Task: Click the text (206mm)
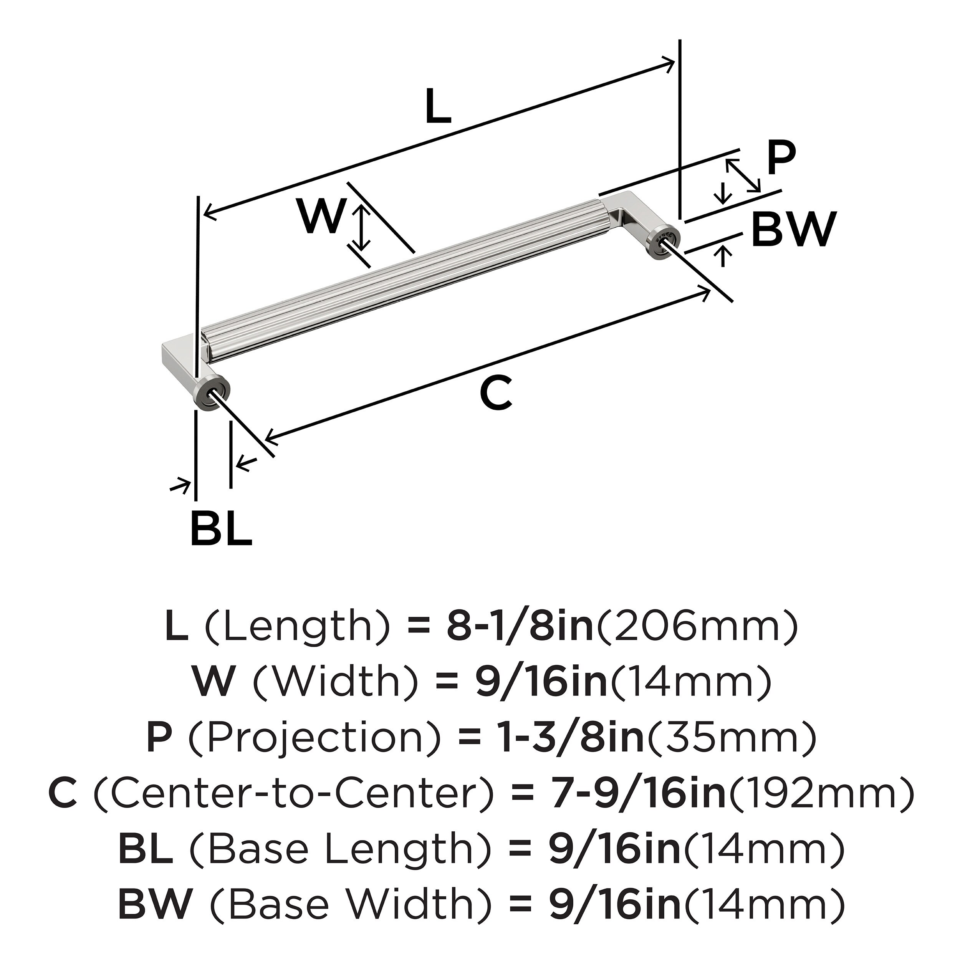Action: point(696,627)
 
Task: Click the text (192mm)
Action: point(820,793)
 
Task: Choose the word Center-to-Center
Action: point(293,793)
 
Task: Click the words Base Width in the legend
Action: point(338,903)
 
